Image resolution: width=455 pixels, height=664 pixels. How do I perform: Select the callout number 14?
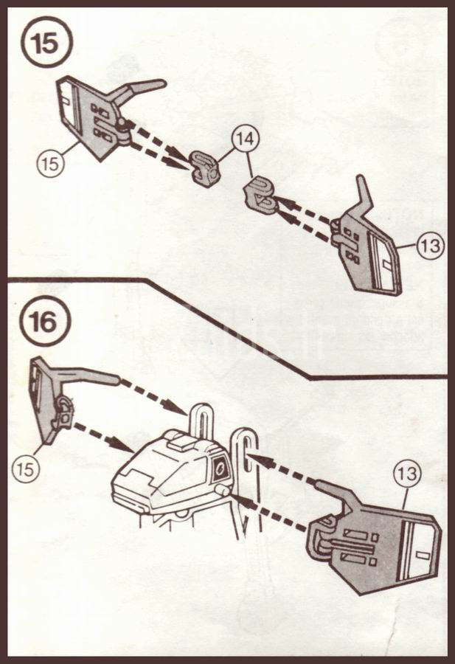pyautogui.click(x=243, y=139)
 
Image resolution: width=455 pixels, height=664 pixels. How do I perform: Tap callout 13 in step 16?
pyautogui.click(x=406, y=475)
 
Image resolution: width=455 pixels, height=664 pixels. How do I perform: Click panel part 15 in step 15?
pyautogui.click(x=92, y=118)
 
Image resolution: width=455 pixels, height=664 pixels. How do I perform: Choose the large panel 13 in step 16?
pyautogui.click(x=376, y=546)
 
